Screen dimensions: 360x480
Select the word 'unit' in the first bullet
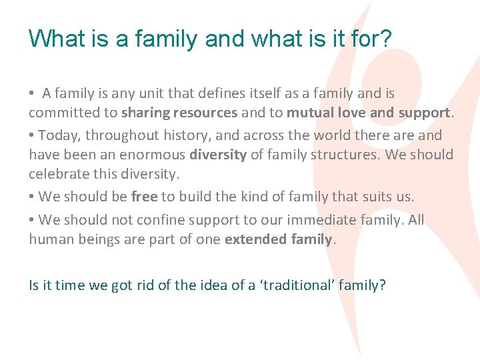tap(153, 94)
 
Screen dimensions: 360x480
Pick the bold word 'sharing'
tap(146, 113)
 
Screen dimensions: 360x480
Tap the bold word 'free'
tap(144, 197)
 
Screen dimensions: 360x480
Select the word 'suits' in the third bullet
tap(378, 197)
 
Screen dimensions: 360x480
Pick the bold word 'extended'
tap(253, 239)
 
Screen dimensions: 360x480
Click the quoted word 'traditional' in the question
tap(295, 285)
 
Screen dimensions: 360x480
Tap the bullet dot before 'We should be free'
tap(32, 197)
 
